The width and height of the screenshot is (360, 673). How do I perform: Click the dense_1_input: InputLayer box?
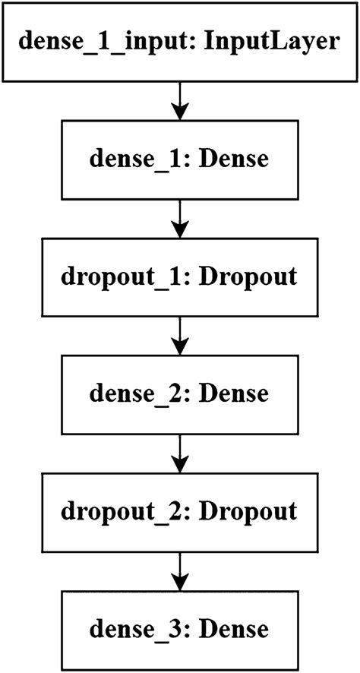(179, 41)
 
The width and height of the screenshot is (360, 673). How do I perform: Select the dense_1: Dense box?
(179, 159)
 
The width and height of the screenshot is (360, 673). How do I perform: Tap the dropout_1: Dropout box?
(179, 276)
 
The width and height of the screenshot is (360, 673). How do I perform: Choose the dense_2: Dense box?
(179, 393)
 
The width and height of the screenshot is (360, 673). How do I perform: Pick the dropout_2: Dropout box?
(179, 511)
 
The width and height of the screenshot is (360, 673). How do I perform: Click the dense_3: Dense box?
(179, 629)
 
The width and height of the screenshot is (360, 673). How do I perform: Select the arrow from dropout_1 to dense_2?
(179, 335)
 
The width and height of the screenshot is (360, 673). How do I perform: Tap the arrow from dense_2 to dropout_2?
(179, 453)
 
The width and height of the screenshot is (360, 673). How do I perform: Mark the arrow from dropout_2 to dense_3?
(179, 570)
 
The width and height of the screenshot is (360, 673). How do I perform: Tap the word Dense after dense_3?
(238, 629)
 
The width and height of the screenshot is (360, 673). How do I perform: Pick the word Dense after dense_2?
(238, 393)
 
